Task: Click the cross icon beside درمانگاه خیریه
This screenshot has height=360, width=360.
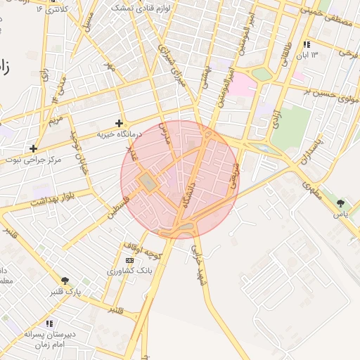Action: click(x=119, y=123)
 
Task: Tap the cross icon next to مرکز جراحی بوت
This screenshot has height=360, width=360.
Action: click(x=33, y=148)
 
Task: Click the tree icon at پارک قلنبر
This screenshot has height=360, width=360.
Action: click(x=65, y=281)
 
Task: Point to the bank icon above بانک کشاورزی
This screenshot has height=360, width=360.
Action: click(x=128, y=259)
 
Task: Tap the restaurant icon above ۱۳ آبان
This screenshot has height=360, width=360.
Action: click(x=306, y=44)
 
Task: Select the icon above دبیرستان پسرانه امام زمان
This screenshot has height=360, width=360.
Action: click(x=49, y=323)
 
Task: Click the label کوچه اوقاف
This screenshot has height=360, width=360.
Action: click(x=143, y=250)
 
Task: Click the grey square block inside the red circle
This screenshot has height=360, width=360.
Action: click(x=148, y=183)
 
